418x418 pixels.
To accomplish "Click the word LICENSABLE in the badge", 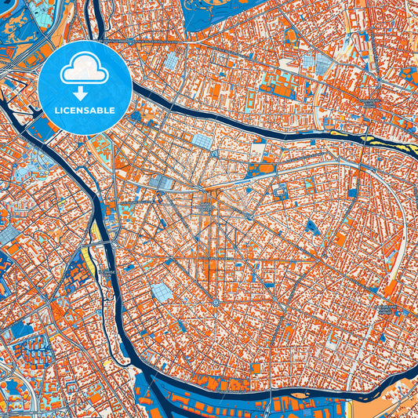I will (x=85, y=111).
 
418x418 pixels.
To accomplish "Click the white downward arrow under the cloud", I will (x=85, y=92).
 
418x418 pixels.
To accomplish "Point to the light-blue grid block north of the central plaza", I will (x=202, y=142).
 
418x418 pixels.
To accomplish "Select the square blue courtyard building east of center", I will (x=279, y=191).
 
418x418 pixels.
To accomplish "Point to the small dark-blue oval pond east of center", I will (x=313, y=227).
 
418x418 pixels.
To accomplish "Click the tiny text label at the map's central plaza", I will (x=205, y=208).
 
